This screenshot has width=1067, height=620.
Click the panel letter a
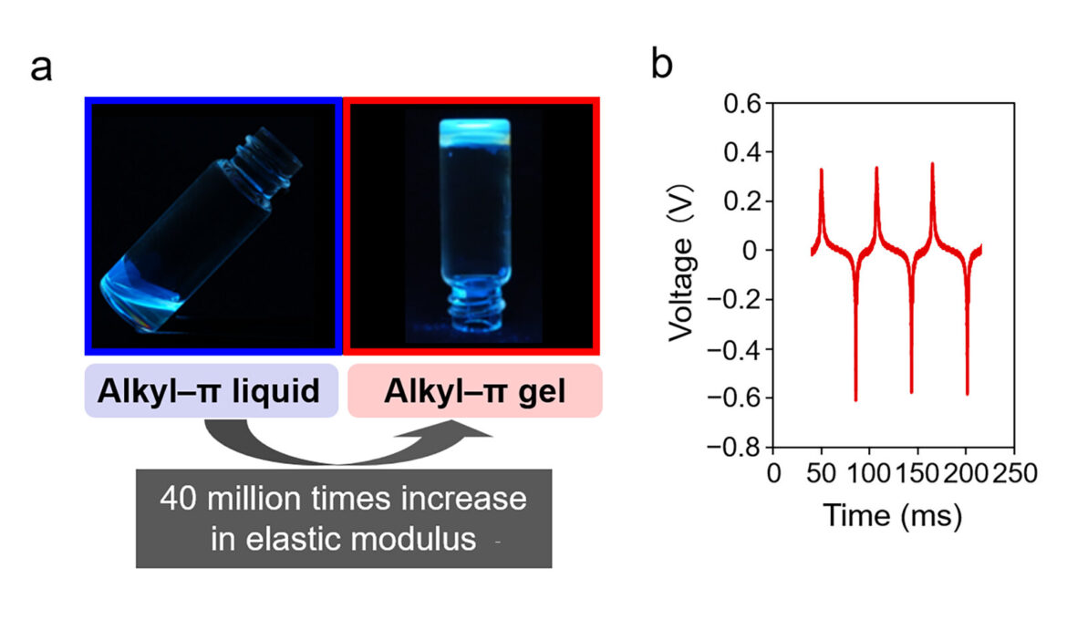[42, 67]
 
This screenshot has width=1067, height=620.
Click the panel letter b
[663, 66]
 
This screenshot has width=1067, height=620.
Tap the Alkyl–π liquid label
[211, 391]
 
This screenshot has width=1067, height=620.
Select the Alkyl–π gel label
[474, 391]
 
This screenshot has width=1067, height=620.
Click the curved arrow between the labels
[347, 442]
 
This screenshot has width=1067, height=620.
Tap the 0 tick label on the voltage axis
[753, 250]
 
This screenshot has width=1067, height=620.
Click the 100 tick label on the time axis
[871, 472]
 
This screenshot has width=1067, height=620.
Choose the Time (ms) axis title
[894, 516]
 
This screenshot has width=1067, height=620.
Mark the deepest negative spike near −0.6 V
[855, 398]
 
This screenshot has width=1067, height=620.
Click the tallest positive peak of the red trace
[932, 165]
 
